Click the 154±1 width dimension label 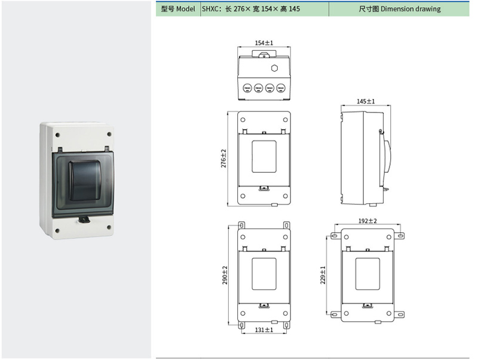point(263,43)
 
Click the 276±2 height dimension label point(224,159)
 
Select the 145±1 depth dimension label point(366,102)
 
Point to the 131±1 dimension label point(263,330)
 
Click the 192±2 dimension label point(367,221)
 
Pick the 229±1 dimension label point(323,275)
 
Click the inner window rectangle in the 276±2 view point(263,157)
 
